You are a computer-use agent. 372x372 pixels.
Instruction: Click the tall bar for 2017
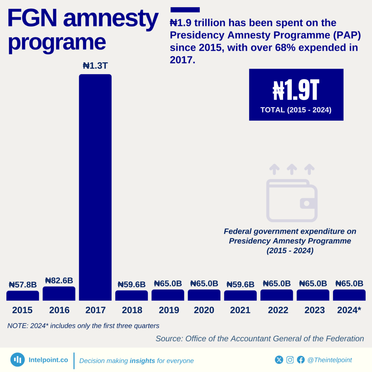coord(95,187)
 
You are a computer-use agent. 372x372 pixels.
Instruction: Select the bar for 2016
coord(59,294)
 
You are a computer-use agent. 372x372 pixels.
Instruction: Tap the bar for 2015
coord(23,295)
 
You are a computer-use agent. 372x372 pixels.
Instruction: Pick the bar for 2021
coord(240,295)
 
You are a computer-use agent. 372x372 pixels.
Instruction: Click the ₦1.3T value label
coord(95,66)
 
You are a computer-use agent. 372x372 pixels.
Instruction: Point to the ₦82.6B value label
coord(59,280)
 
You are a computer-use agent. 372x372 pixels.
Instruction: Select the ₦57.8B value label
coord(23,284)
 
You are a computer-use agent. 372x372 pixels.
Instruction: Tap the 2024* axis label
coord(349,310)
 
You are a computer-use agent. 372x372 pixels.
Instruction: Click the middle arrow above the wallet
coord(292,169)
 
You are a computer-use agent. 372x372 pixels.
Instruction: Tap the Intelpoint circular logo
coord(17,360)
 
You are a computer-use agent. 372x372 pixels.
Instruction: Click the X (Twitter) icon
coord(279,360)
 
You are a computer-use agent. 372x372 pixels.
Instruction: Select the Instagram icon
coord(290,360)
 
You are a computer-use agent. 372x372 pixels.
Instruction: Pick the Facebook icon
coord(301,360)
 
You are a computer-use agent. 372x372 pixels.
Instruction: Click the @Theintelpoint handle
coord(329,360)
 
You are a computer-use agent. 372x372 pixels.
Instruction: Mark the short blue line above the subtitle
coord(185,10)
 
